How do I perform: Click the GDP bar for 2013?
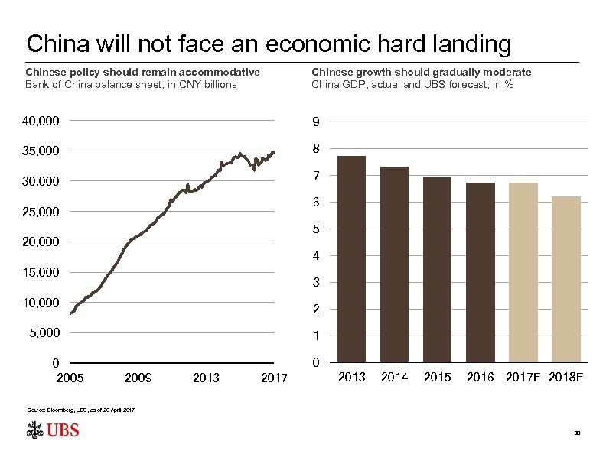[x=352, y=259]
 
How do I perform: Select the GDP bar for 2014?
[x=395, y=264]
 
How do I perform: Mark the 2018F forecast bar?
[x=566, y=279]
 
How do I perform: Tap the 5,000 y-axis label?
[x=44, y=333]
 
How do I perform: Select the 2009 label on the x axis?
[x=138, y=378]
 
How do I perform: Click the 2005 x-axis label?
[x=70, y=378]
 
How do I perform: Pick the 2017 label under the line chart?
[x=273, y=378]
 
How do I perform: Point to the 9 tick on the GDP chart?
[x=315, y=122]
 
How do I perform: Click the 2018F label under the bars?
[x=566, y=378]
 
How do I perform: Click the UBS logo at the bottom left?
[x=53, y=431]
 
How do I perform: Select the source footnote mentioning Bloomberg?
[x=81, y=411]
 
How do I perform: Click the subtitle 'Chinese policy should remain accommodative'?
[x=142, y=72]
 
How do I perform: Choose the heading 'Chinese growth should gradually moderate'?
[x=421, y=72]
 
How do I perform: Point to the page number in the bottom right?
[x=578, y=433]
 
